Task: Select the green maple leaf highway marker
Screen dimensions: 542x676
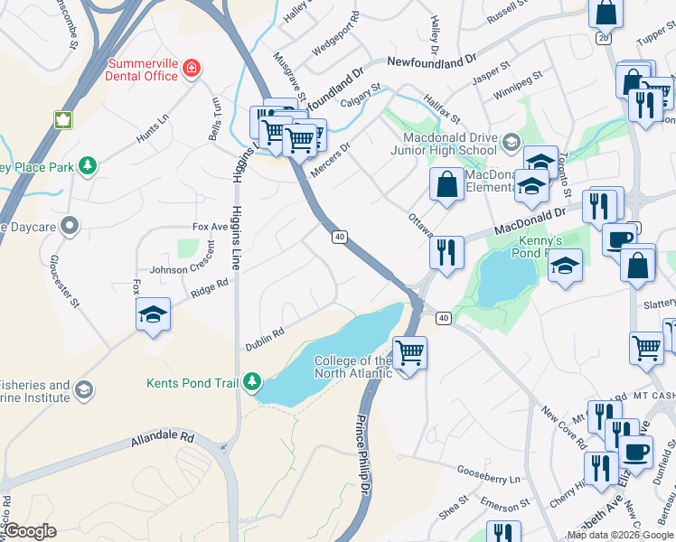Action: pos(63,120)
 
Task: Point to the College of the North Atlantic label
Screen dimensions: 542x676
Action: pos(352,367)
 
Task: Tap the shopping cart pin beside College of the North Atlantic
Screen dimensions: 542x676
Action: pos(409,351)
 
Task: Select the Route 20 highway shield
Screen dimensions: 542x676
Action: pos(603,38)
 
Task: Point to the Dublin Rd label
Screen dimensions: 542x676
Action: pos(265,340)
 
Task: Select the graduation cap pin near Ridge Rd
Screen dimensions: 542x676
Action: pos(153,313)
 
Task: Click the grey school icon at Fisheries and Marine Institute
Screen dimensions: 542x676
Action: pos(84,390)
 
